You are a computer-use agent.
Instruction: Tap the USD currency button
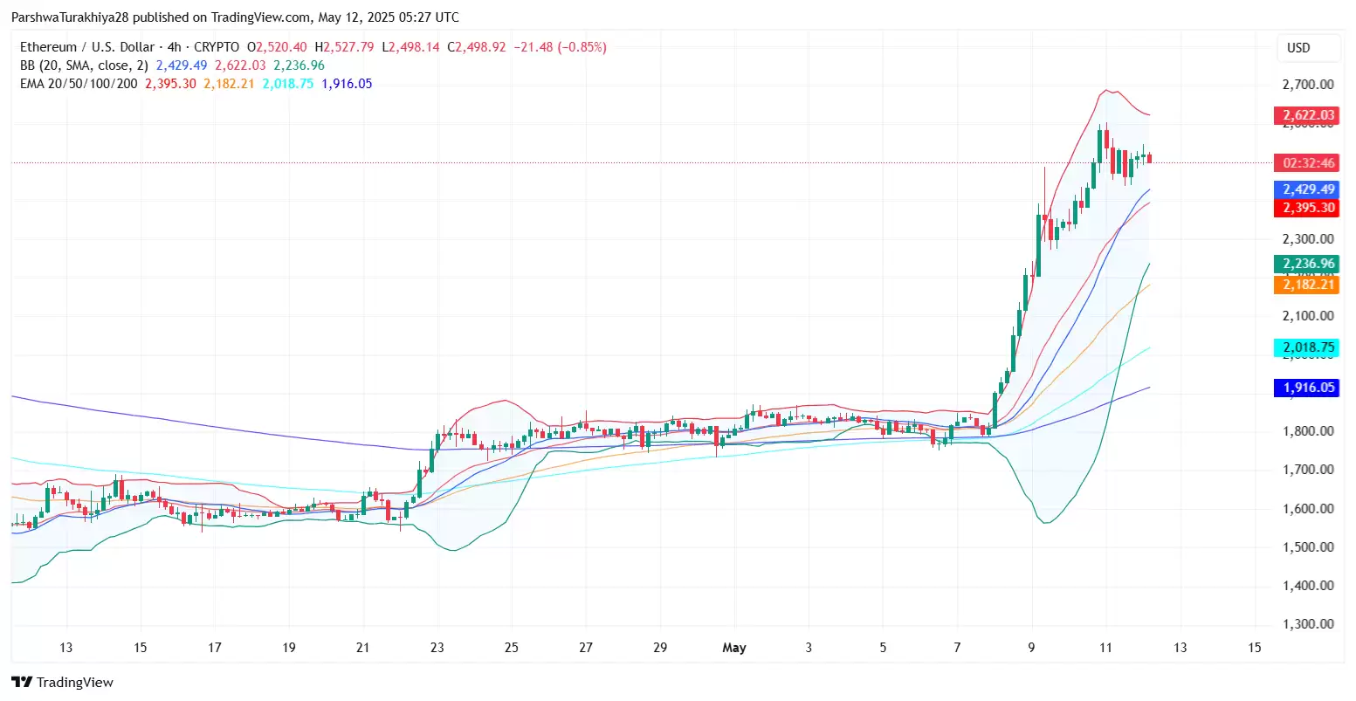tap(1298, 48)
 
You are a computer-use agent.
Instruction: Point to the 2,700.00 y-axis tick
tap(1307, 85)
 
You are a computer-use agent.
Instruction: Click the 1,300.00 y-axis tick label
tap(1307, 624)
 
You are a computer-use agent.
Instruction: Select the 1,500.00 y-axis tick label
tap(1307, 547)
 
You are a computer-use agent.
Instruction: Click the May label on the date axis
tap(734, 648)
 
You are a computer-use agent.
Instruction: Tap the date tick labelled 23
tap(437, 648)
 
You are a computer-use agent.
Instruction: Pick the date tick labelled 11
tap(1105, 648)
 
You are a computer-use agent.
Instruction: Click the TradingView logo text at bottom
tap(63, 683)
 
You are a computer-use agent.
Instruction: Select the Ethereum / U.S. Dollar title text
tap(87, 47)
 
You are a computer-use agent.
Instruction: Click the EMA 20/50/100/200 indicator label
tap(79, 84)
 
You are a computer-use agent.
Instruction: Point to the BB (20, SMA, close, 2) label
tap(84, 65)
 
